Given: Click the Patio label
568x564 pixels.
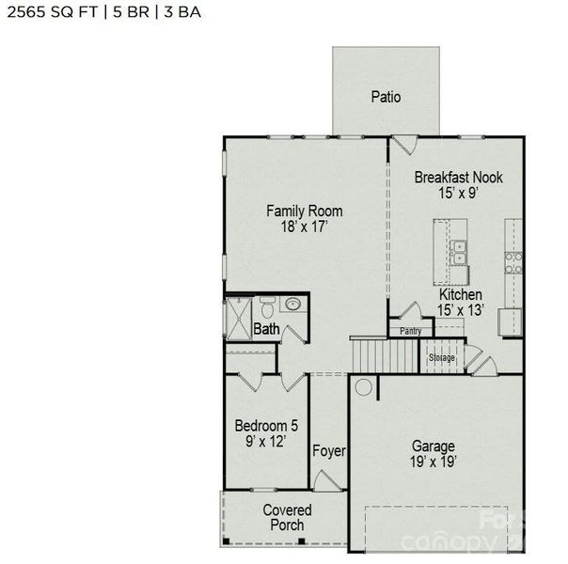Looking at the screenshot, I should [x=386, y=96].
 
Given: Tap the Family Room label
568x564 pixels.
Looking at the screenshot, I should [x=304, y=211].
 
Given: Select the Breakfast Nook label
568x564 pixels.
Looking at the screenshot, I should [x=459, y=177].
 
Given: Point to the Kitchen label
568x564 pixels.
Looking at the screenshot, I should [x=461, y=295].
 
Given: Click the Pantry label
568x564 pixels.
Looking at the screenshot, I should [x=411, y=331].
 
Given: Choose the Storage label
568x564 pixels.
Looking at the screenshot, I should [x=442, y=358].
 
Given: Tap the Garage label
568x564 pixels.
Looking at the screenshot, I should [x=434, y=446].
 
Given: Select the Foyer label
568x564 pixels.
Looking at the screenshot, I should [x=329, y=451].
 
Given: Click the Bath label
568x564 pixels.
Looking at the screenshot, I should [x=266, y=329].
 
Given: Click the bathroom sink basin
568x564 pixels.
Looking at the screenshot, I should [x=293, y=304].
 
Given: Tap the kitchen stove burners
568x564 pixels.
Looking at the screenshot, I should [x=513, y=262].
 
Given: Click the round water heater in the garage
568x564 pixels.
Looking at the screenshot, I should [x=363, y=386].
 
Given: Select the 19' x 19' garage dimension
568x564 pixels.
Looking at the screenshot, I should [x=434, y=462].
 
